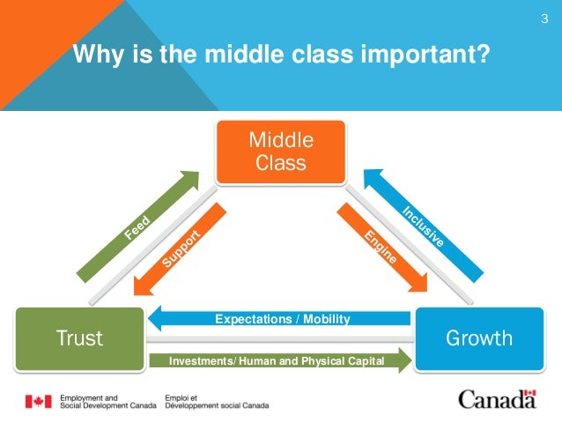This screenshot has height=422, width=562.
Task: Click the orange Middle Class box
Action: (x=281, y=152)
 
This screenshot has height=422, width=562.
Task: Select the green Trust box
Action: (x=79, y=337)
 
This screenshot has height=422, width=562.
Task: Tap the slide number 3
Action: (x=544, y=19)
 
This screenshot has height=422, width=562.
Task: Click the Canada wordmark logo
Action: (x=496, y=400)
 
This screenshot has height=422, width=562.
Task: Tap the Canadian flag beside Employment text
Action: (x=37, y=402)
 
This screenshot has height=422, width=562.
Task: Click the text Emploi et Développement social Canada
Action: (x=216, y=402)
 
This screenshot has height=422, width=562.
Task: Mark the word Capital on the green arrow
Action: (x=362, y=359)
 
